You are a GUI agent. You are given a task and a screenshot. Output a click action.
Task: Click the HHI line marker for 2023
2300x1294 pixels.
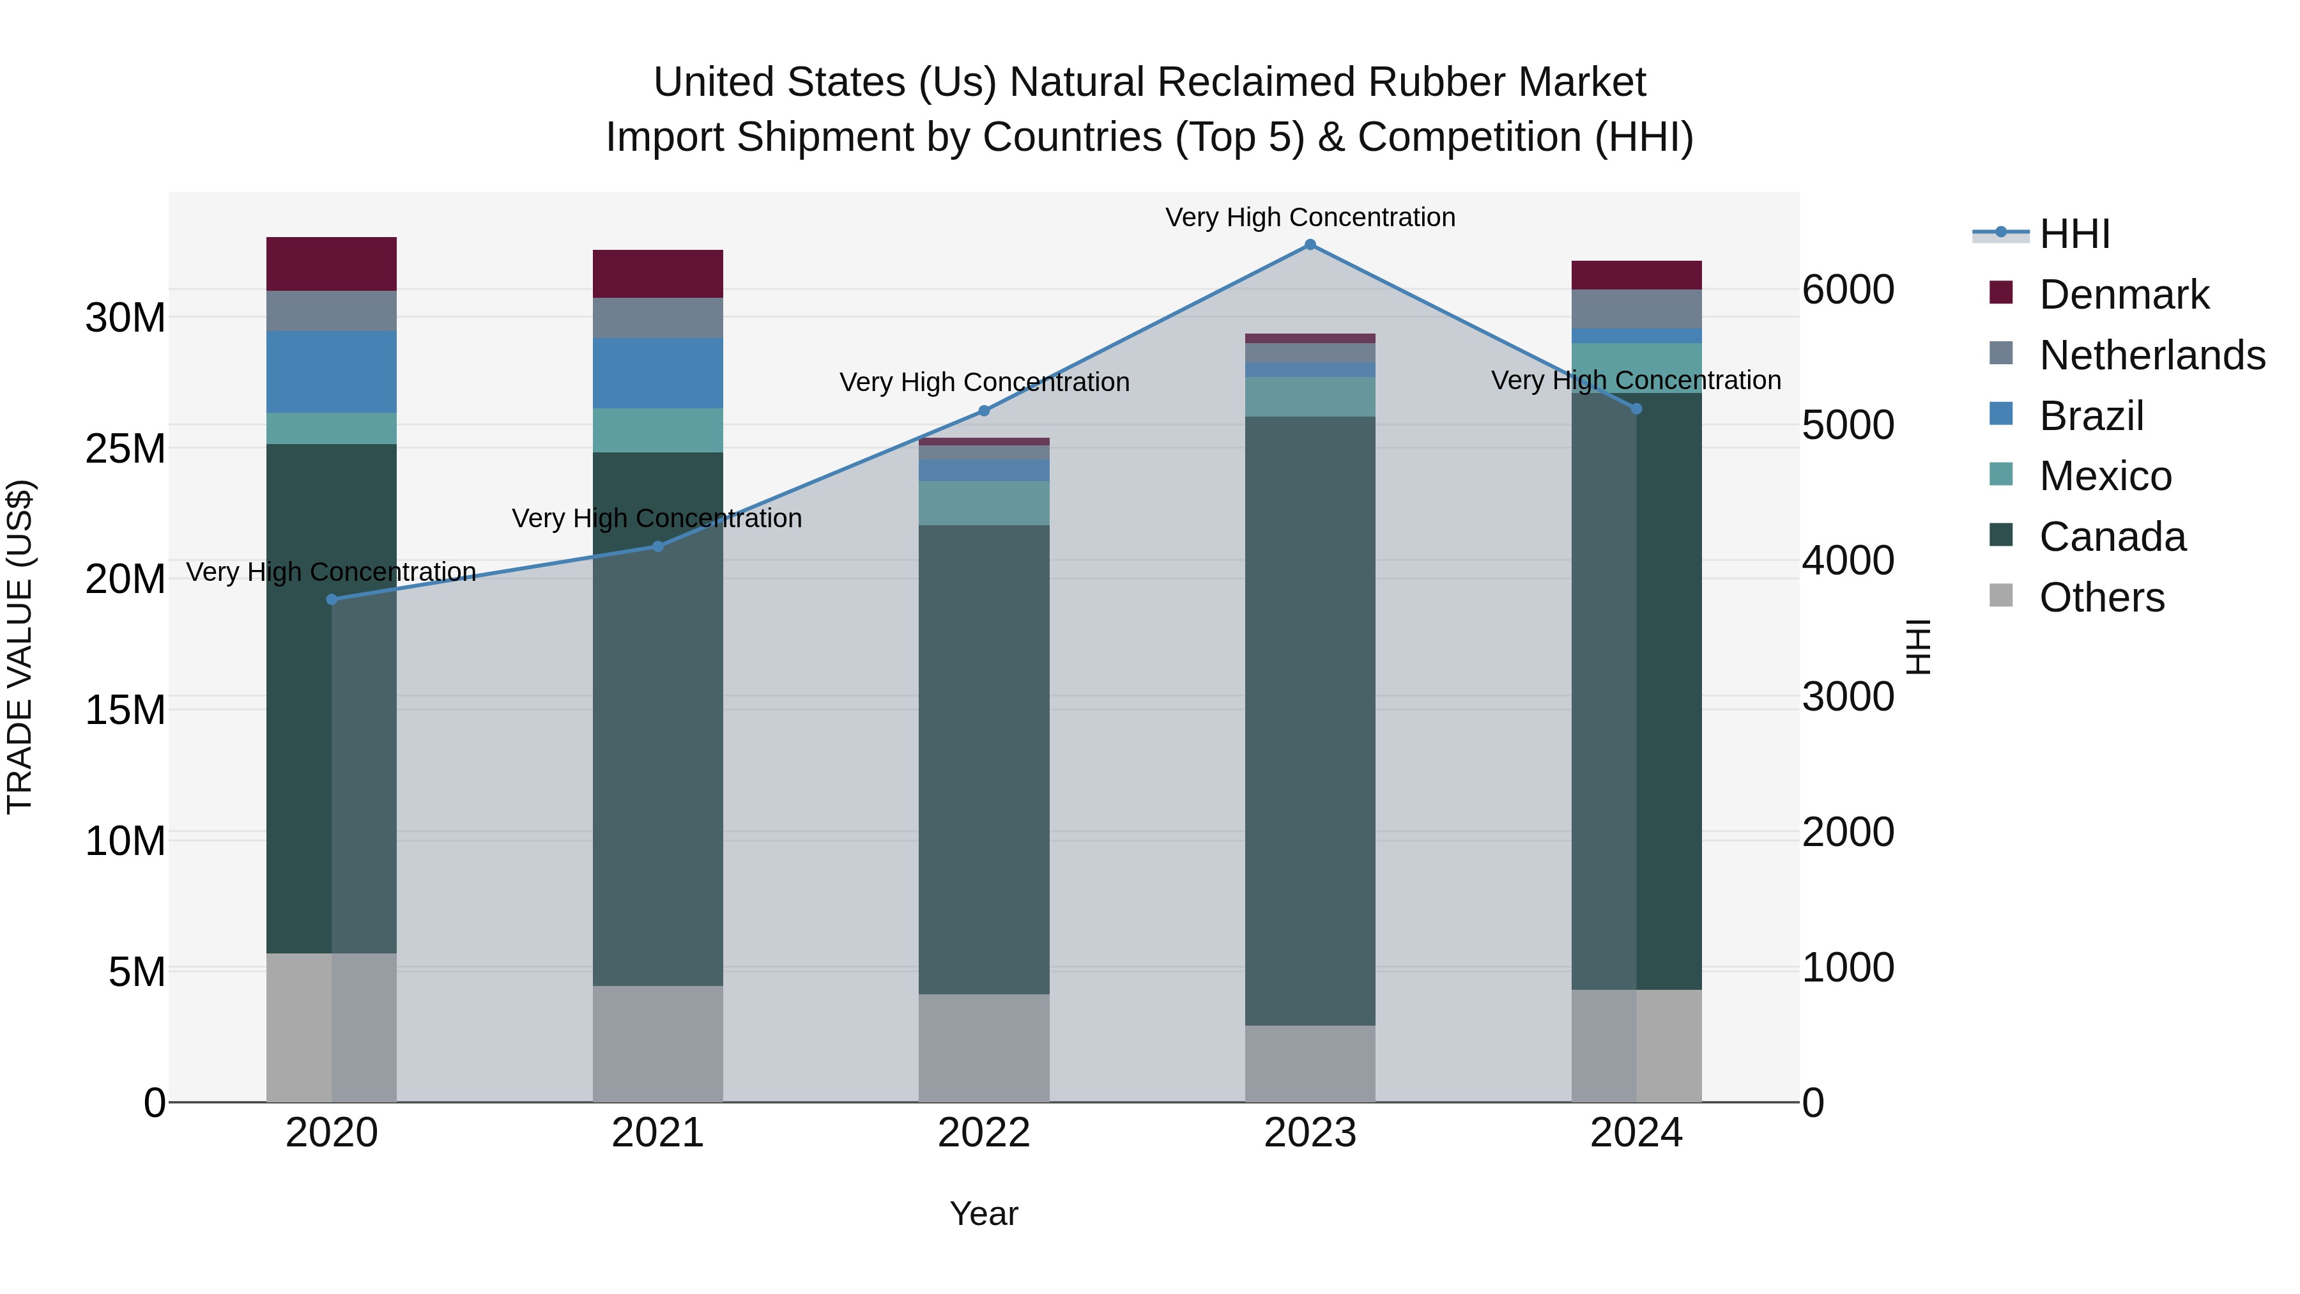tap(1310, 245)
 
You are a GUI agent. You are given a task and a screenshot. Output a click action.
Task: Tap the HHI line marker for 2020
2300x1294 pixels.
tap(332, 599)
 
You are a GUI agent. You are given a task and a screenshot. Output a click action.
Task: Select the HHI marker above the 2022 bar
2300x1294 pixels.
tap(984, 411)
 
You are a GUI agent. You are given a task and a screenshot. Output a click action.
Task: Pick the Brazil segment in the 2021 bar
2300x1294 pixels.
tap(657, 373)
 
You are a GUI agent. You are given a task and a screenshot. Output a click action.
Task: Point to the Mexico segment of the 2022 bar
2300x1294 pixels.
tap(984, 503)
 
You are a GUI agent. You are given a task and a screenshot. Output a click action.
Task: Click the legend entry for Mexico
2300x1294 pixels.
tap(2104, 476)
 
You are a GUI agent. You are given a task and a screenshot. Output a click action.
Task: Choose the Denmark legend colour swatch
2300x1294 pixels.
tap(2001, 293)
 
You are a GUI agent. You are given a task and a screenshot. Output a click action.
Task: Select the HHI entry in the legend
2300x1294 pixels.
tap(2074, 234)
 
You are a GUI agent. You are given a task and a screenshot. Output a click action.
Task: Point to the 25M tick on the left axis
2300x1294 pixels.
tap(125, 449)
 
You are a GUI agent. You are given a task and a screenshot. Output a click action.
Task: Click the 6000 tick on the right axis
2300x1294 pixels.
tap(1847, 289)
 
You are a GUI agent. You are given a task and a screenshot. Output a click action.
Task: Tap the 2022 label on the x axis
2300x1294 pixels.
tap(984, 1133)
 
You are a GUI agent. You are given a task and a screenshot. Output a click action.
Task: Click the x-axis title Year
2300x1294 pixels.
tap(984, 1213)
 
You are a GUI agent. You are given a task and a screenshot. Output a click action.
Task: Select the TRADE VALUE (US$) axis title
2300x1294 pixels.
tap(20, 647)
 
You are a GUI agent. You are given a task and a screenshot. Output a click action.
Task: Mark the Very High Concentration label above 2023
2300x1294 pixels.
tap(1310, 217)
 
